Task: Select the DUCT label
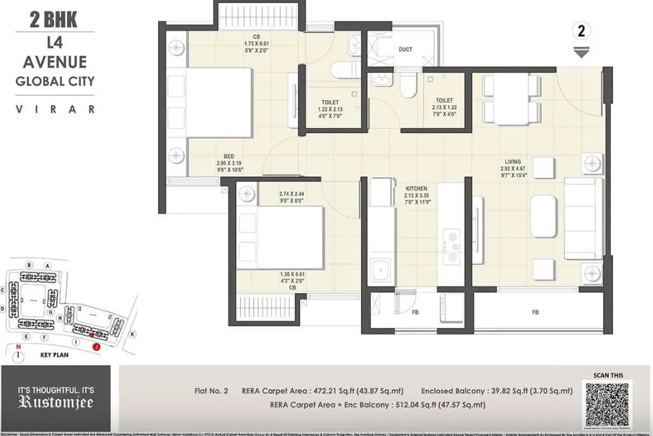(406, 49)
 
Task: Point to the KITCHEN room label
(417, 188)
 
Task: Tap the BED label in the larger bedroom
(229, 155)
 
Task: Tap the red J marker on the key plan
(96, 347)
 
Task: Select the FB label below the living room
(536, 312)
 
